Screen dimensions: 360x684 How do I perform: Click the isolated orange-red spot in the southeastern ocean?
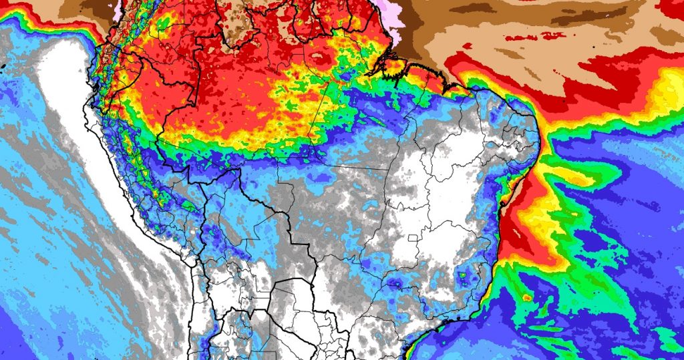tap(526, 297)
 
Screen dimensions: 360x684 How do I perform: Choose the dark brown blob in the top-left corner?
tap(94, 8)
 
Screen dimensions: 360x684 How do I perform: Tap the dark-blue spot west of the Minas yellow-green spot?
tap(397, 287)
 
